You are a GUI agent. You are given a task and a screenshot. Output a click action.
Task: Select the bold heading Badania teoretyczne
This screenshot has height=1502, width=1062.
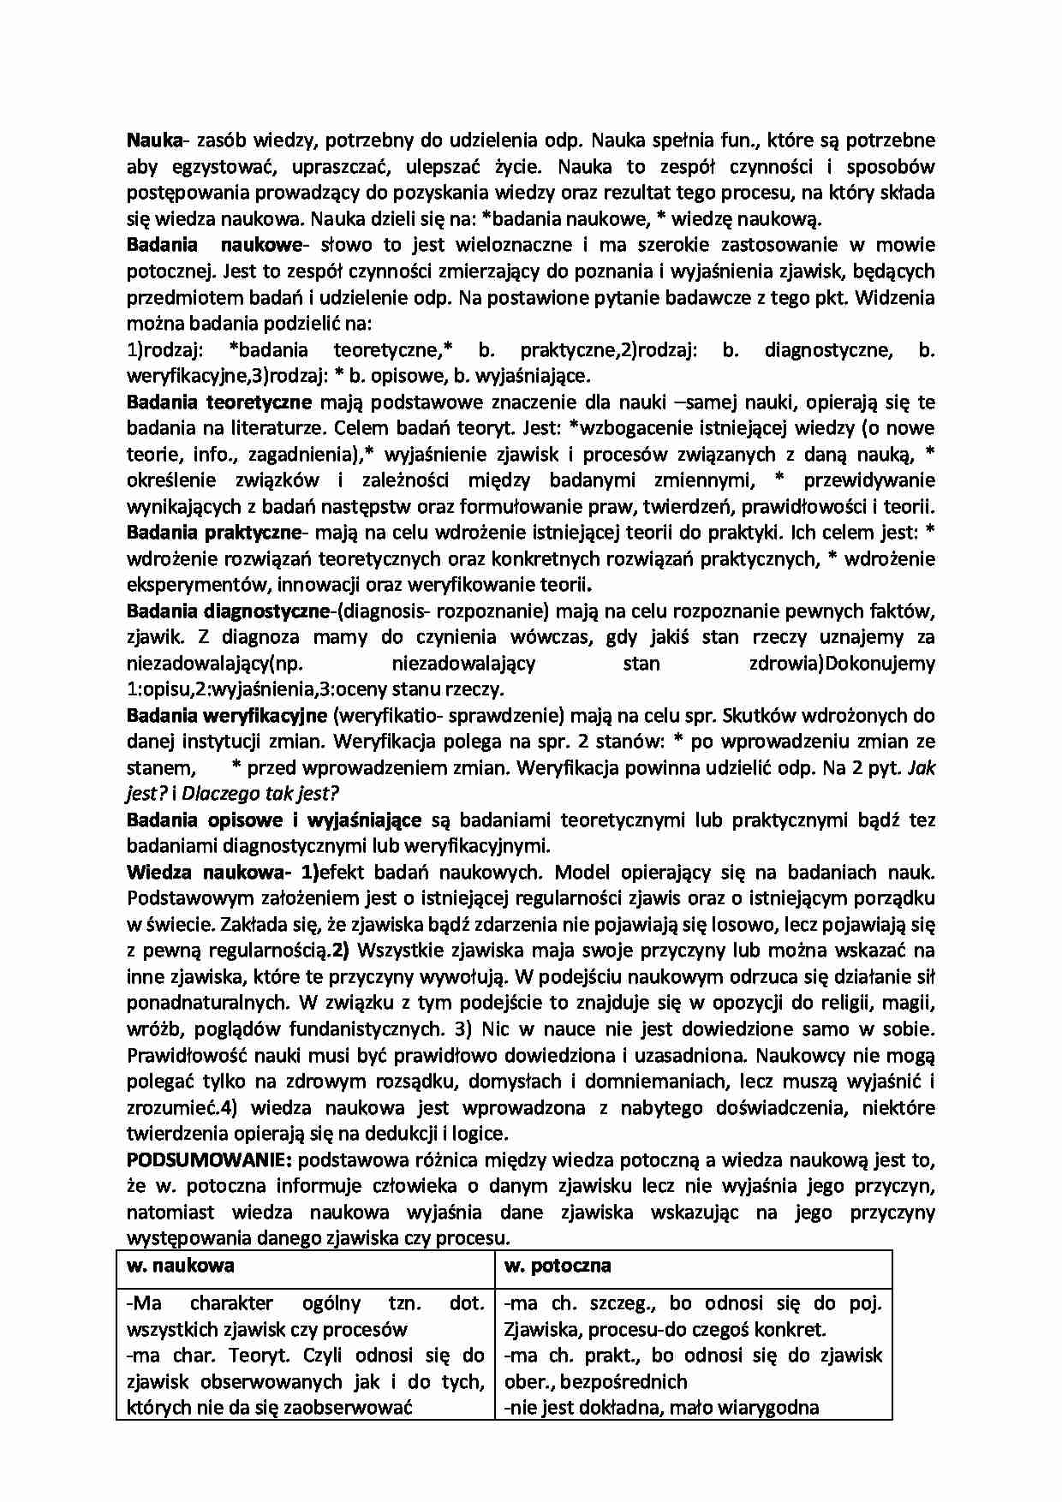pos(218,402)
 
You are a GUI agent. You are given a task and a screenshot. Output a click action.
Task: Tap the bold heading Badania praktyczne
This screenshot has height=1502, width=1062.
pos(213,533)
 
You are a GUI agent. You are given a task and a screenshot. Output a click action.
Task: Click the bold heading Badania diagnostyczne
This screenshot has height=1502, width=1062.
pos(227,611)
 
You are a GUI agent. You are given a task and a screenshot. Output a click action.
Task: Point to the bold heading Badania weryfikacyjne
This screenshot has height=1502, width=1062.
pos(227,715)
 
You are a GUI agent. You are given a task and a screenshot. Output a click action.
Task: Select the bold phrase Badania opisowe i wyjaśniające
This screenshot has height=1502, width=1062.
pos(274,820)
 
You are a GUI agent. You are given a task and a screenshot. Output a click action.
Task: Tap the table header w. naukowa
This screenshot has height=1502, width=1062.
pos(180,1266)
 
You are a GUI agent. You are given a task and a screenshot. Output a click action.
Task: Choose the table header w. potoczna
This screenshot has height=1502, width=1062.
pos(558,1266)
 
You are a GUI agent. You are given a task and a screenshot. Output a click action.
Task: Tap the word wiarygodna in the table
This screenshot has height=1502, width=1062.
pos(775,1407)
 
